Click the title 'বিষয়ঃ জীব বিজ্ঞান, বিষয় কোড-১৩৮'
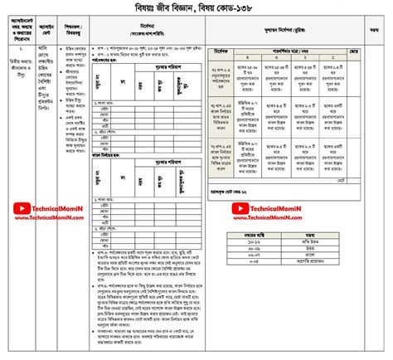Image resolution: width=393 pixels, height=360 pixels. click(x=196, y=8)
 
